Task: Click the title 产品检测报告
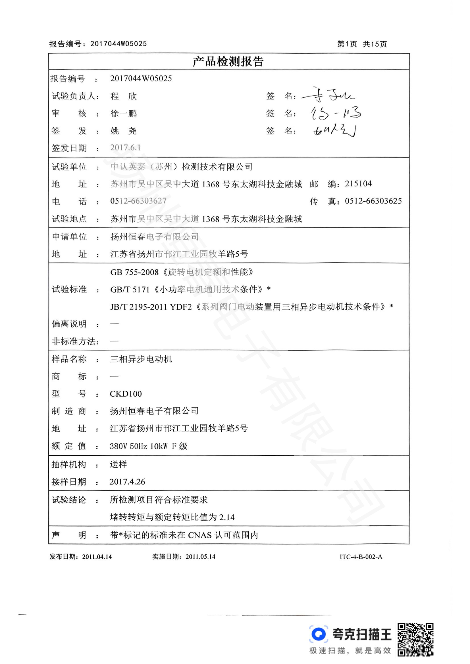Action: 228,62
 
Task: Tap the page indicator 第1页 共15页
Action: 362,44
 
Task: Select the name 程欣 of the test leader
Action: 124,96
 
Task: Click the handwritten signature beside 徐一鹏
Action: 336,113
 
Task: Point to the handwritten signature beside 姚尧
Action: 334,130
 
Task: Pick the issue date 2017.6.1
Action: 125,148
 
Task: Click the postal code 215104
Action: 358,184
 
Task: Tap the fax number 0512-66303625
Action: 373,201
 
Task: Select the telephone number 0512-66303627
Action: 138,201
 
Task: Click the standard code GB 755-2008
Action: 134,272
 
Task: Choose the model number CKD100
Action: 126,394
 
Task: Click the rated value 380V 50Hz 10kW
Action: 139,446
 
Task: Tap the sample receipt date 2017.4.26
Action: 127,481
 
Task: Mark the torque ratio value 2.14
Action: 226,517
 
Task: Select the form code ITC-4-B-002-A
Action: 361,557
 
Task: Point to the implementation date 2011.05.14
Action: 200,557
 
